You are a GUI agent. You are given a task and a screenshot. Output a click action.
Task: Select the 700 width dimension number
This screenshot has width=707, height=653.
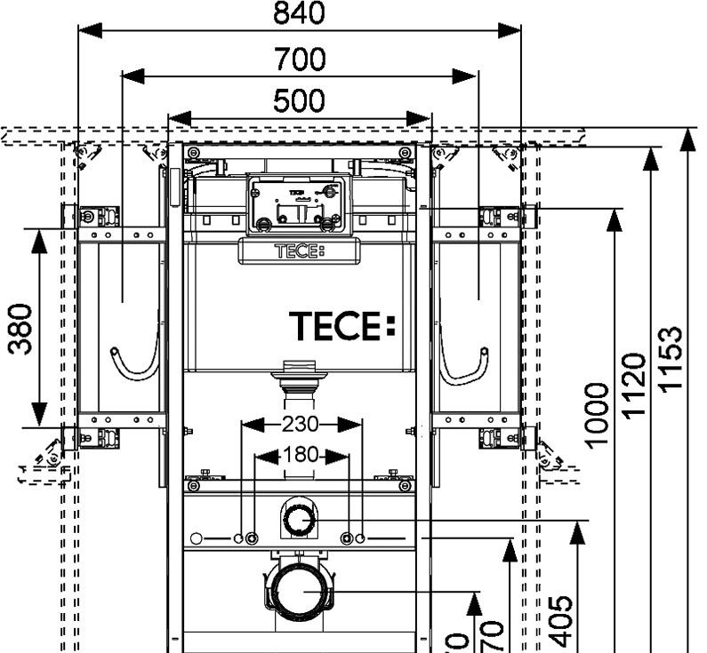pyautogui.click(x=299, y=60)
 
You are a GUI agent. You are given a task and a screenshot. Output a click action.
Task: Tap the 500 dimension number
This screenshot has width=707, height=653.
pyautogui.click(x=299, y=101)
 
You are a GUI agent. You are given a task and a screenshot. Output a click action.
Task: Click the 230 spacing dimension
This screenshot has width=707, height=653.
pyautogui.click(x=301, y=425)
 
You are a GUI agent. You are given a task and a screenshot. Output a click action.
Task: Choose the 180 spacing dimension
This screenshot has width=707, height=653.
pyautogui.click(x=301, y=456)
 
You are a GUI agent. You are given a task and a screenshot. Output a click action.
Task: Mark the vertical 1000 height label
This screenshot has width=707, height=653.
pyautogui.click(x=598, y=414)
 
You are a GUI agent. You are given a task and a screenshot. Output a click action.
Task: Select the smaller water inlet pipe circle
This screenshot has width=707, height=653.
pyautogui.click(x=298, y=521)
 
